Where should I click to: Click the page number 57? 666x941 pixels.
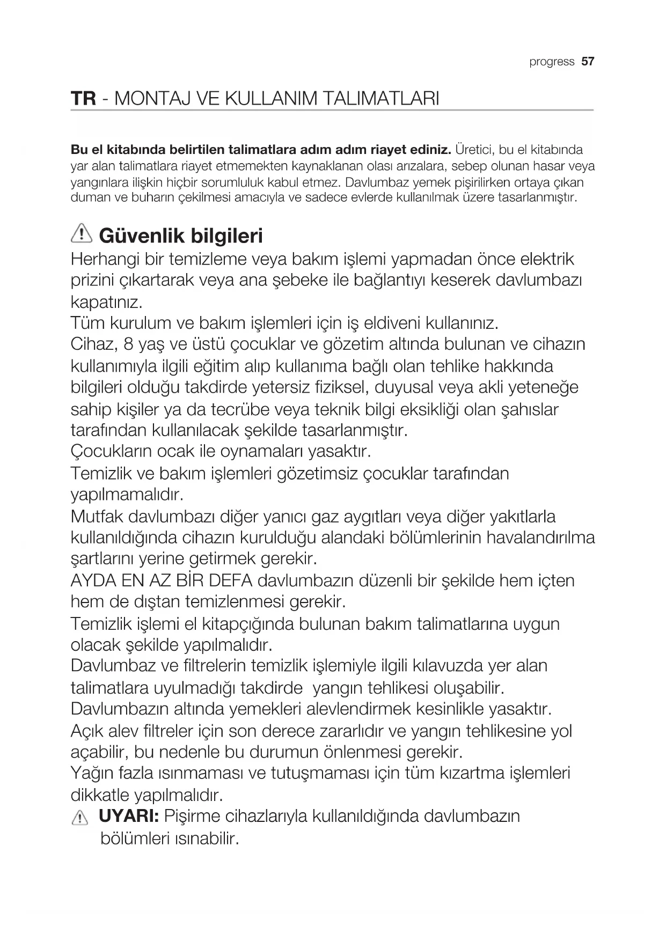pos(588,61)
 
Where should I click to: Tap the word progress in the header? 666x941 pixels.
pos(552,62)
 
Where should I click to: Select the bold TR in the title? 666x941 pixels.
pos(83,99)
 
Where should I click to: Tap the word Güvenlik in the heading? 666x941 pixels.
pos(141,236)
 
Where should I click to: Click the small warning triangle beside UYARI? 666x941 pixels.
pos(79,818)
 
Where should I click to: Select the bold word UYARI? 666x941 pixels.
pos(129,816)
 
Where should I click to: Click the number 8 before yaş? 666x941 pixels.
pos(128,344)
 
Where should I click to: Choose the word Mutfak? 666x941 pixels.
pos(97,517)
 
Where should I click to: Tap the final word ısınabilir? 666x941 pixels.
pos(206,839)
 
